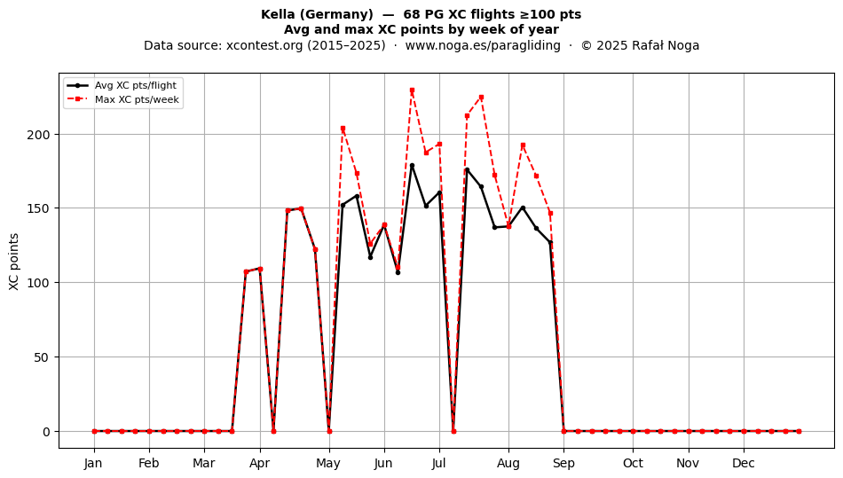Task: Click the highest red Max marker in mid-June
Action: point(412,90)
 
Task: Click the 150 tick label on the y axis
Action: point(39,208)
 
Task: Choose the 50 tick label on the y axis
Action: point(43,357)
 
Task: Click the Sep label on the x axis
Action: point(563,463)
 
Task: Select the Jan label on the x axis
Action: point(93,463)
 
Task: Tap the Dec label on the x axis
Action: point(744,463)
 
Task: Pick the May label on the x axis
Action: point(328,463)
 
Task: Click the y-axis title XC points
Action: point(14,262)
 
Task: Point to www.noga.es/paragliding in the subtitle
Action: point(483,45)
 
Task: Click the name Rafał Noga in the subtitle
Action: point(665,45)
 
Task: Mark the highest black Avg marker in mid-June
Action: point(412,166)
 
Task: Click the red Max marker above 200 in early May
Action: point(343,129)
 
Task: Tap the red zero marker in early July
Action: point(453,431)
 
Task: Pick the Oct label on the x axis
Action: point(633,463)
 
